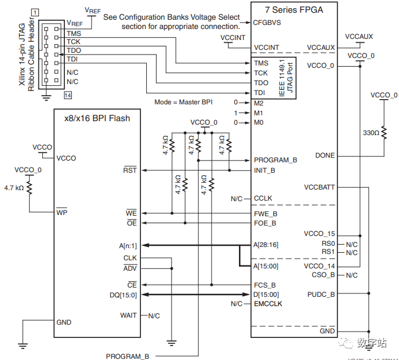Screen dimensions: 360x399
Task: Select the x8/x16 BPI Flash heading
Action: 97,118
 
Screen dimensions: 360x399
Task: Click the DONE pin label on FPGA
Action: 325,155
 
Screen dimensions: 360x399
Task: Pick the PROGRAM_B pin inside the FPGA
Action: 275,160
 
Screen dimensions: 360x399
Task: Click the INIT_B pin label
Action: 264,170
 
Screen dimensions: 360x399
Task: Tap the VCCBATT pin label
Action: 319,187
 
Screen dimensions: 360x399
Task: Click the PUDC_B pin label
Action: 321,294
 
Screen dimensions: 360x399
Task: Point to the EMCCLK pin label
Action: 268,304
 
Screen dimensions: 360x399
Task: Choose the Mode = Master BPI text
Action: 183,101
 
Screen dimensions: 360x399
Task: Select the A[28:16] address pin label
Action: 266,245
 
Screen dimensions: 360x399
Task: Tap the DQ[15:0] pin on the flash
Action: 123,294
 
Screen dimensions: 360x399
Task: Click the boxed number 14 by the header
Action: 68,95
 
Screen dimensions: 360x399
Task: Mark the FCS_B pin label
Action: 264,285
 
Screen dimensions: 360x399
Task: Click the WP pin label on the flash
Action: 62,213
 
